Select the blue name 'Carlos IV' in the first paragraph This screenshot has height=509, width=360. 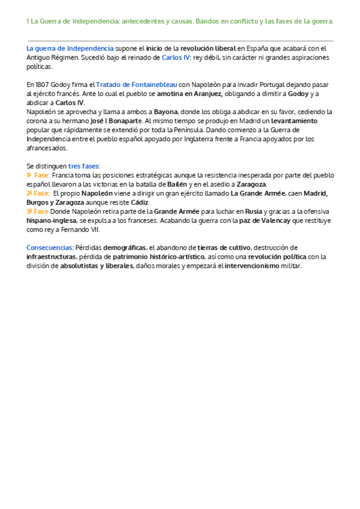175,58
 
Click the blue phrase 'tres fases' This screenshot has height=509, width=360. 84,166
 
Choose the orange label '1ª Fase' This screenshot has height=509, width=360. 37,175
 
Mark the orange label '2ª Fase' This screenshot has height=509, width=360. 38,193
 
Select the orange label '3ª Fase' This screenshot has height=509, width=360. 37,211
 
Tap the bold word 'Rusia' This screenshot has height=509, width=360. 254,211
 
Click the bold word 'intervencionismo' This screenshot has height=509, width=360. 251,265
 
